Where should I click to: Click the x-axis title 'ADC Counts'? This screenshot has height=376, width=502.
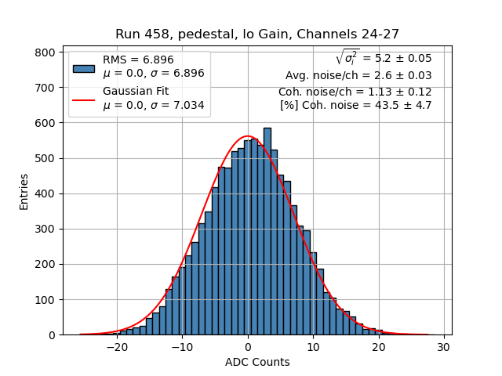[257, 362]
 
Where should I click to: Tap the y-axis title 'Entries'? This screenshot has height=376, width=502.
[24, 191]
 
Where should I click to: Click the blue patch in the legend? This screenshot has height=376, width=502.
[83, 67]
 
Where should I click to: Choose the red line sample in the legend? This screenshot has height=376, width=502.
[83, 99]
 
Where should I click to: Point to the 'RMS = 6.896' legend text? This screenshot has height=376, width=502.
[138, 60]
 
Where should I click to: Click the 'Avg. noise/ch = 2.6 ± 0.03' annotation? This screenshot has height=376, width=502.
[358, 76]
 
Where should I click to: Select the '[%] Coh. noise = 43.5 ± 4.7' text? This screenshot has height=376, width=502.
[355, 105]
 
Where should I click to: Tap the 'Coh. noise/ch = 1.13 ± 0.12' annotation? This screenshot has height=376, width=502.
[355, 92]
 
